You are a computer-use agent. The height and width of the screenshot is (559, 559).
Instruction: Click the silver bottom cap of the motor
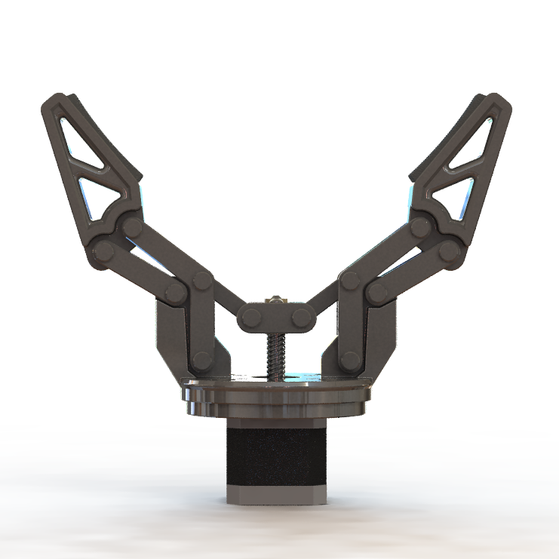tap(276, 495)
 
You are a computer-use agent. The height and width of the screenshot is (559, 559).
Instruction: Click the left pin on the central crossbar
tap(252, 318)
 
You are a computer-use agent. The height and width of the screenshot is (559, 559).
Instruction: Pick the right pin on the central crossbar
tap(302, 318)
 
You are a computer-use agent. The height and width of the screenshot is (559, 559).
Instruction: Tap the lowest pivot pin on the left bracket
tap(201, 361)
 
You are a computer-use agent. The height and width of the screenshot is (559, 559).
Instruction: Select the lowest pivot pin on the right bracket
tap(349, 361)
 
